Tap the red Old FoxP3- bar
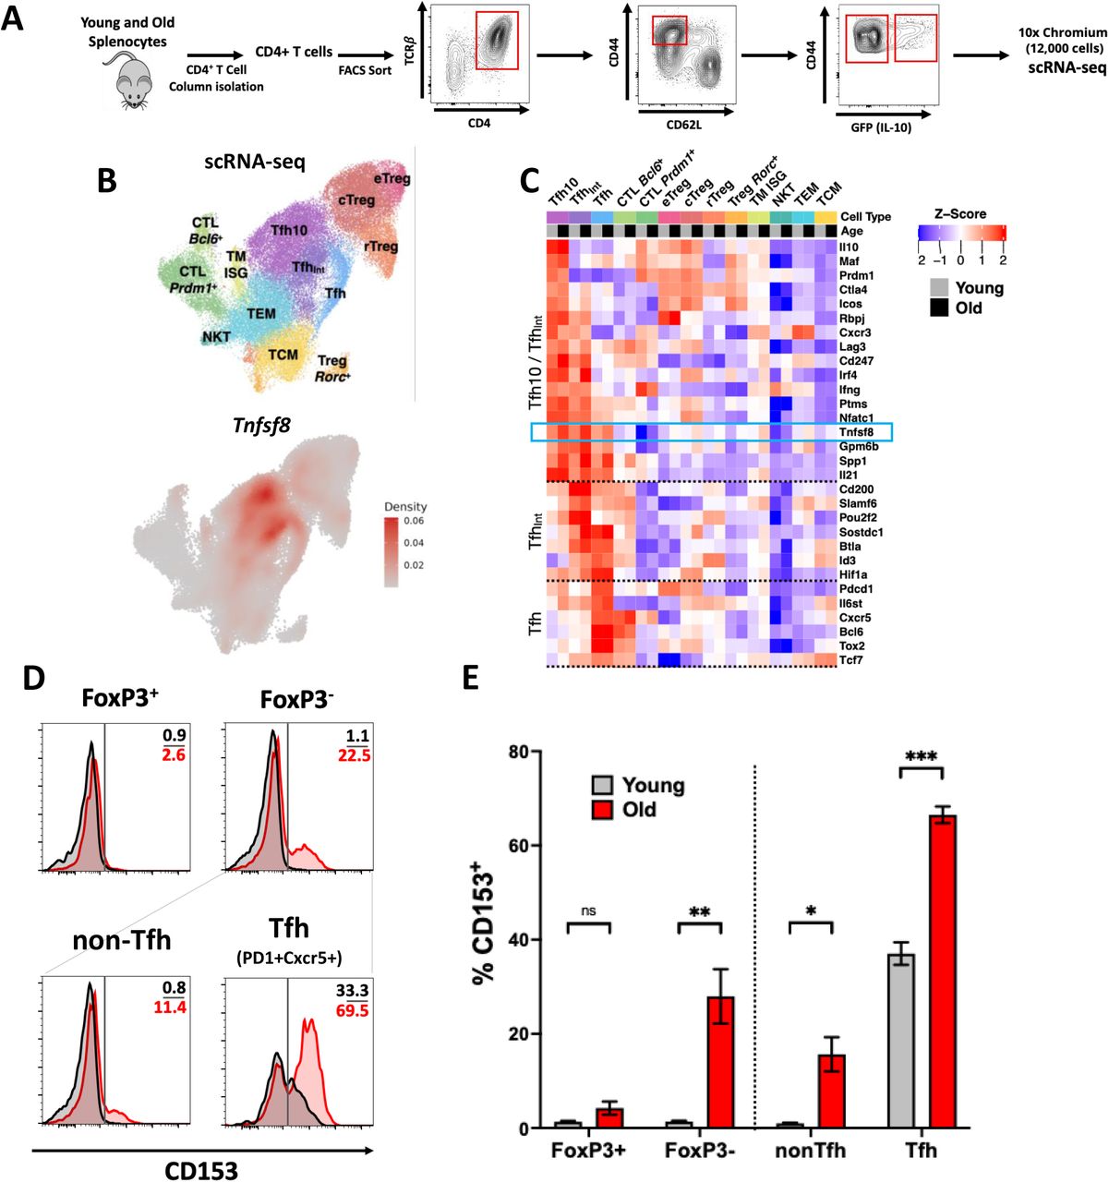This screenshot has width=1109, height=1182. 720,1062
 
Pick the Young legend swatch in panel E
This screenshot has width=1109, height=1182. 602,786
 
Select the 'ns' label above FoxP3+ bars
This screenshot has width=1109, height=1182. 588,911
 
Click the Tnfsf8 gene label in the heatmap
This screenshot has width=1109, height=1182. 856,432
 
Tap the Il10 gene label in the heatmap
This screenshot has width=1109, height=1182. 849,247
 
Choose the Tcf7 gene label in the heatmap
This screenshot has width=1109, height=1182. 850,659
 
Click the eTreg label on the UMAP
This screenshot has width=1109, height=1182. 392,178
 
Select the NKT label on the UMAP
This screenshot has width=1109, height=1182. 216,337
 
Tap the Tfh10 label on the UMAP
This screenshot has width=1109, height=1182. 289,229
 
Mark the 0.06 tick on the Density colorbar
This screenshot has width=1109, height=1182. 414,522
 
